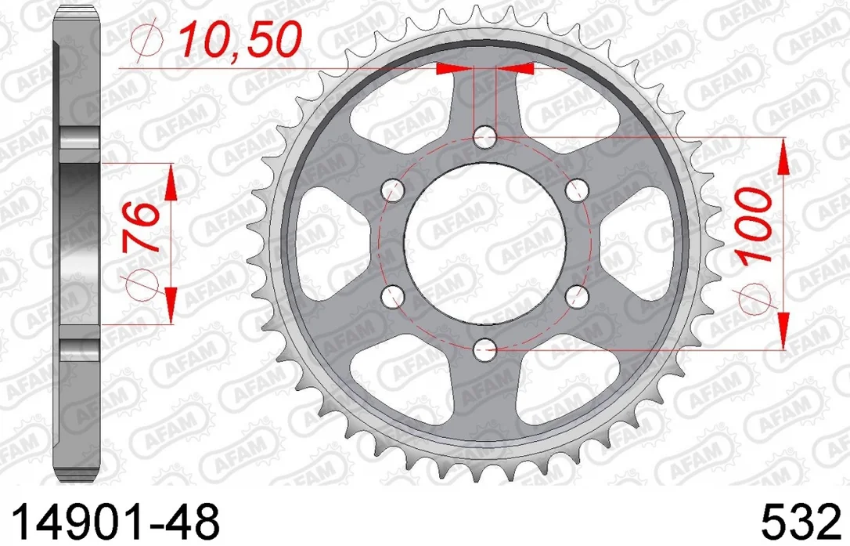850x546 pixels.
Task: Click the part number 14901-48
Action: [x=115, y=520]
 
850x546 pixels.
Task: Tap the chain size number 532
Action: [x=800, y=520]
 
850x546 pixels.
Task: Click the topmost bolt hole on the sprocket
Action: [x=484, y=136]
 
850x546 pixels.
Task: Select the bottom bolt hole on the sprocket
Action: [x=484, y=350]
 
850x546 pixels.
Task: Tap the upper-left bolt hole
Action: [x=393, y=190]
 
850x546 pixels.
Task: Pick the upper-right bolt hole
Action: [x=577, y=190]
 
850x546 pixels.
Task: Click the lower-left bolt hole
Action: [x=393, y=296]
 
